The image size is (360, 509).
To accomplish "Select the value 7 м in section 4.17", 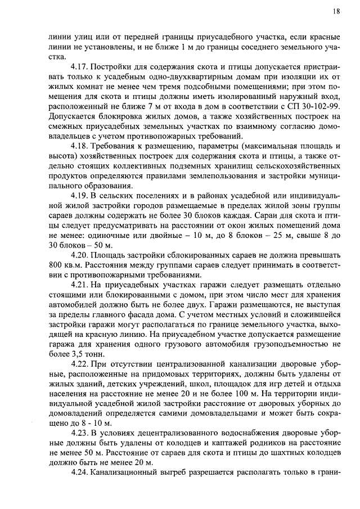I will pyautogui.click(x=154, y=105).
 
